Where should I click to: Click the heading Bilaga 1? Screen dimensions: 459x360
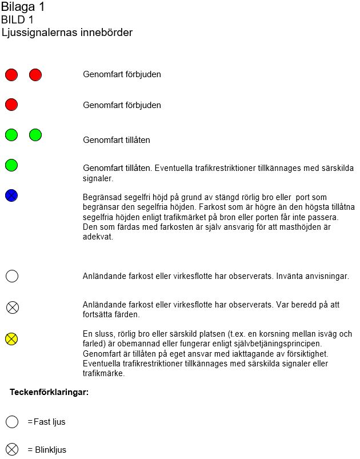coord(23,7)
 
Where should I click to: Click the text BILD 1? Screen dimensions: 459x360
coord(17,20)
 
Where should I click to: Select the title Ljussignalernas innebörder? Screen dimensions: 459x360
coord(67,33)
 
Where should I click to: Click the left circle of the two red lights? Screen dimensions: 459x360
coord(11,74)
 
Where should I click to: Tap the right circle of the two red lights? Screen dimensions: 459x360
coord(35,74)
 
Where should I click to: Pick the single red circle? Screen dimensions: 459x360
coord(11,105)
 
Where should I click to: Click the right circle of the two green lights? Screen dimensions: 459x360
coord(35,135)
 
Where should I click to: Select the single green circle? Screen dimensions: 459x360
coord(11,165)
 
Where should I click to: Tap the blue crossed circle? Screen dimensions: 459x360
coord(11,195)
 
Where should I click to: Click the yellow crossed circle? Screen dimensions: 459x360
coord(11,339)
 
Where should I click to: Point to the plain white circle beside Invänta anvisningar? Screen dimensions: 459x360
coord(12,276)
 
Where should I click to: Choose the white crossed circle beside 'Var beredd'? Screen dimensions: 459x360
coord(12,308)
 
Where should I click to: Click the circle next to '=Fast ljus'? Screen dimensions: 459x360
coord(12,422)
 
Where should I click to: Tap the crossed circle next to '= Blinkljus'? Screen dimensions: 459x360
coord(12,449)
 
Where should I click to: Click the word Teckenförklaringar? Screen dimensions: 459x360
coord(49,392)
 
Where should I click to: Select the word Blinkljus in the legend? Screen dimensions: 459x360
coord(50,450)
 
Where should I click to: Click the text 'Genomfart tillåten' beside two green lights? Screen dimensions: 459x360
coord(117,139)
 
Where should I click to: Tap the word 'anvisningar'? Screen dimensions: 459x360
coord(327,276)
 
